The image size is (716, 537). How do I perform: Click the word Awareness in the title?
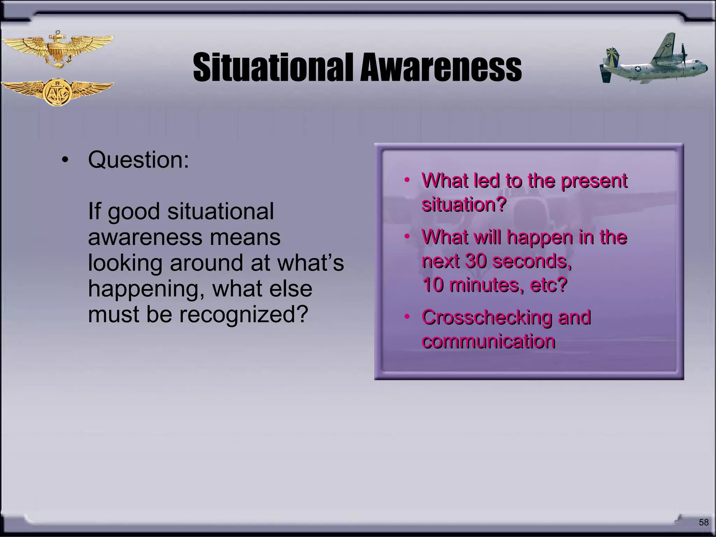click(441, 67)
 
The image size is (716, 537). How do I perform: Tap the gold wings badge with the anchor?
click(57, 49)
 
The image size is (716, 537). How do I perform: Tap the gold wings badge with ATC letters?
click(57, 92)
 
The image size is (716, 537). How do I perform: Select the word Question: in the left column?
click(138, 160)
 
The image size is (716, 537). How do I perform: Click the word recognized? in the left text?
click(244, 314)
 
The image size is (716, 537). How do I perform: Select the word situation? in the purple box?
click(464, 204)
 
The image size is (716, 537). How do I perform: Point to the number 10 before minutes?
click(434, 285)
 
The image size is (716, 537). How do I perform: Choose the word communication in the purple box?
click(488, 341)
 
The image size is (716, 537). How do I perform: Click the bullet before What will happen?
click(407, 237)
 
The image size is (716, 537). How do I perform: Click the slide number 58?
click(703, 522)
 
